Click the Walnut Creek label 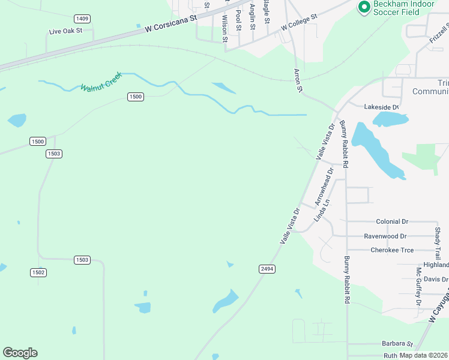click(101, 82)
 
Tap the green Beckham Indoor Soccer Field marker click(363, 7)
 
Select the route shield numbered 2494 click(267, 269)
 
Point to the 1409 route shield click(82, 19)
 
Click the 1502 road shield click(38, 272)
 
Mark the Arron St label click(297, 80)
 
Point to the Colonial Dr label click(391, 221)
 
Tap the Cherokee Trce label click(392, 250)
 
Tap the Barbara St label click(397, 344)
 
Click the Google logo click(20, 353)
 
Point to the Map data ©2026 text click(423, 355)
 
